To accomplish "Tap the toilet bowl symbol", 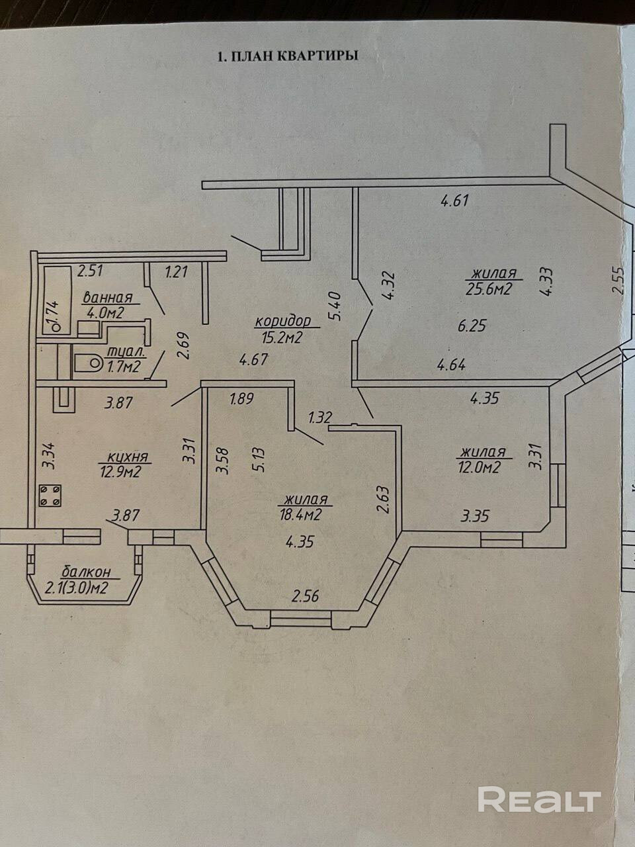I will coord(87,363).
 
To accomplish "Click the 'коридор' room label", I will coord(282,321).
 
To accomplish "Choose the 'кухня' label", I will coord(126,457).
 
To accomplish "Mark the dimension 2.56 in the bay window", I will coord(306,596).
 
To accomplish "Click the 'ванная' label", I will coord(107,298).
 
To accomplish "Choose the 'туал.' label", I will coord(120,354).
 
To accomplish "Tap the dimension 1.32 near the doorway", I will coord(319,417).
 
